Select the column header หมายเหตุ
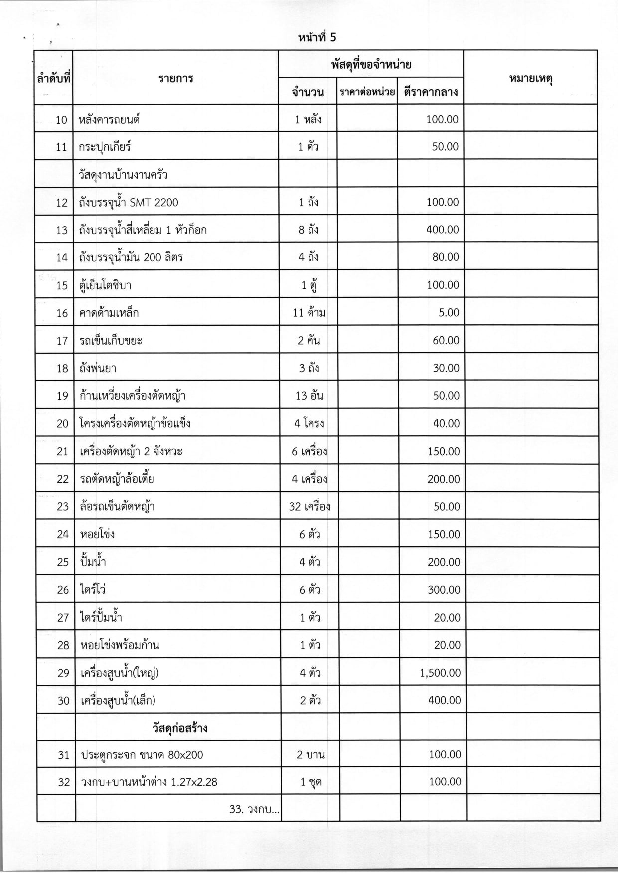pyautogui.click(x=532, y=78)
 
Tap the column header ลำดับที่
pyautogui.click(x=53, y=78)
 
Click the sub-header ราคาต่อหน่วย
pyautogui.click(x=367, y=92)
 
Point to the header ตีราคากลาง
pyautogui.click(x=431, y=92)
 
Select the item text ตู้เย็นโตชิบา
pyautogui.click(x=105, y=285)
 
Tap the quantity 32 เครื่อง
pyautogui.click(x=309, y=507)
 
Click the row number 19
pyautogui.click(x=62, y=396)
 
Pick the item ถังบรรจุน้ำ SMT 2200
pyautogui.click(x=128, y=202)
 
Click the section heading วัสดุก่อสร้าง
pyautogui.click(x=179, y=728)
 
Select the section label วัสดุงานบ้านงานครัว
pyautogui.click(x=123, y=175)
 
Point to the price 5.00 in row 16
pyautogui.click(x=449, y=313)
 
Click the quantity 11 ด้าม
pyautogui.click(x=309, y=313)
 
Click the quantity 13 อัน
pyautogui.click(x=309, y=396)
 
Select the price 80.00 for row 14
pyautogui.click(x=446, y=257)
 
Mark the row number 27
pyautogui.click(x=63, y=618)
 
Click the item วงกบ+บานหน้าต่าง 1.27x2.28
pyautogui.click(x=149, y=782)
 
